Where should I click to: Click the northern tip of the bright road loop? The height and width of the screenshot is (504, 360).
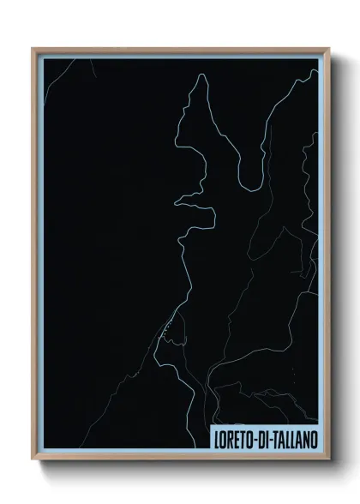tap(202, 75)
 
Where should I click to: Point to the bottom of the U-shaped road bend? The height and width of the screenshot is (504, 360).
tap(249, 188)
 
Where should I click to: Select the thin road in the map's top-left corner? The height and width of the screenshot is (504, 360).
tap(53, 79)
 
